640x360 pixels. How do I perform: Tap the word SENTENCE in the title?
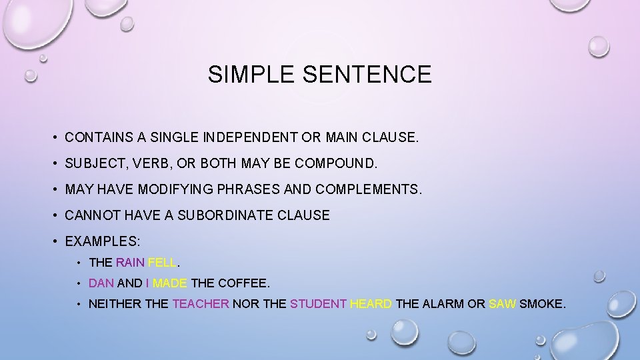(x=367, y=74)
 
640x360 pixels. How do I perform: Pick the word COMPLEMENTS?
(x=367, y=190)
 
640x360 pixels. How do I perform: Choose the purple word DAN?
(x=101, y=283)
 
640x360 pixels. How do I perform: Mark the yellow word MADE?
(x=170, y=283)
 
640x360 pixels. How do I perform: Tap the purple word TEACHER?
(x=201, y=305)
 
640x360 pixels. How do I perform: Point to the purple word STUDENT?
(x=318, y=305)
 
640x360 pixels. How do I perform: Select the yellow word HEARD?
(x=371, y=305)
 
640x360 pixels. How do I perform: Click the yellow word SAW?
(x=502, y=305)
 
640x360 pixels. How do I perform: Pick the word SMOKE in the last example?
(x=542, y=305)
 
